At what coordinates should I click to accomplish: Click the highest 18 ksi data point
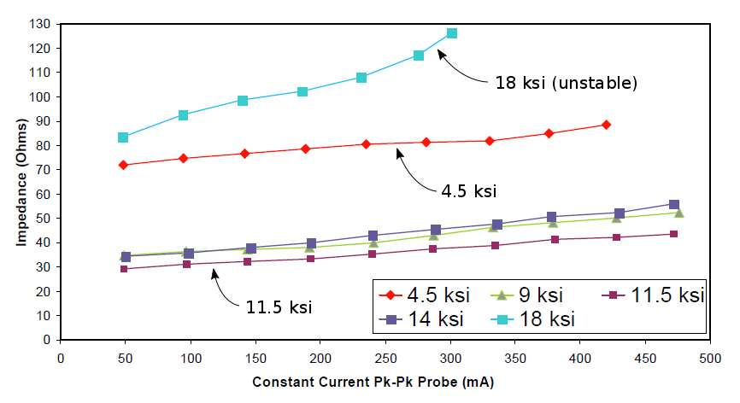(452, 33)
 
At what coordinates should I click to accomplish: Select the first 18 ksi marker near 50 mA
(123, 137)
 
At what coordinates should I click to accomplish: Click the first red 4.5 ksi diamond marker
(123, 165)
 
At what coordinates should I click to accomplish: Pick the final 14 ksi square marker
(674, 205)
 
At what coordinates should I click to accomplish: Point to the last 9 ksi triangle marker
(678, 213)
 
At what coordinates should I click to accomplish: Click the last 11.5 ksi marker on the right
(674, 234)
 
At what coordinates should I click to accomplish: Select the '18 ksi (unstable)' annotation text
(566, 83)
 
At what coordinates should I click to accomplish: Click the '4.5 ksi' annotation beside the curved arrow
(468, 190)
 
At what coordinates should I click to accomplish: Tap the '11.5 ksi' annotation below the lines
(278, 306)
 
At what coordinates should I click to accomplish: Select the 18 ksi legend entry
(536, 319)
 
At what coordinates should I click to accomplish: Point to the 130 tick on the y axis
(40, 24)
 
